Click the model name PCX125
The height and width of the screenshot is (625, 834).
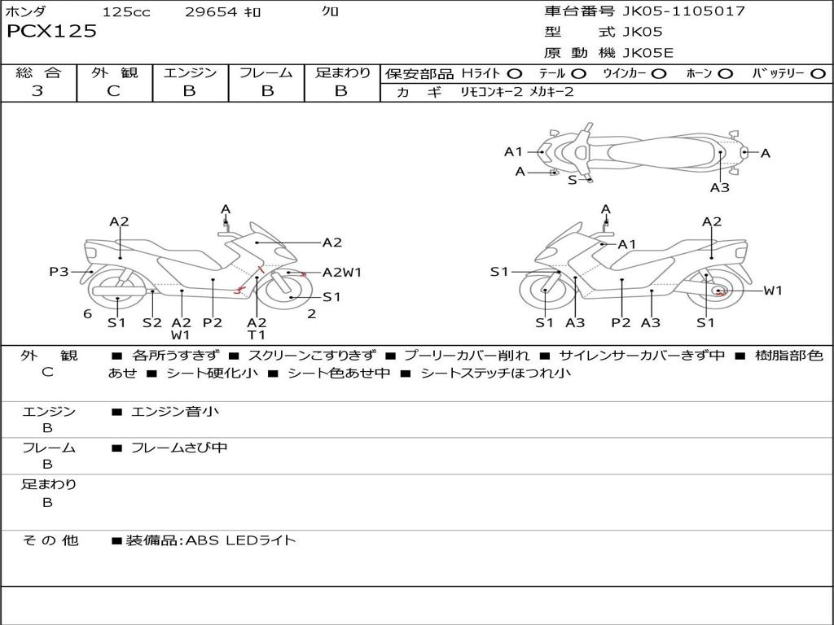[x=51, y=32]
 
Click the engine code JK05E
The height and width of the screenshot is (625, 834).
[x=647, y=53]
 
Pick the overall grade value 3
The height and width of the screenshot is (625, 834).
[x=37, y=91]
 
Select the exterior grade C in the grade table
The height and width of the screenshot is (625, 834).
[x=113, y=91]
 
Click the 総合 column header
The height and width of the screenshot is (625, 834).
[x=38, y=73]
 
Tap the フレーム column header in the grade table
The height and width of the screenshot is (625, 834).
[x=266, y=73]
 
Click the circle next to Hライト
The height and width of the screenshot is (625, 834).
[x=515, y=74]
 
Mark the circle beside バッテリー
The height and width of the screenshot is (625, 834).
[x=818, y=74]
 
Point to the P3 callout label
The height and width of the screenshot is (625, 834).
[x=59, y=272]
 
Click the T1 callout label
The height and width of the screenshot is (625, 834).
[x=257, y=334]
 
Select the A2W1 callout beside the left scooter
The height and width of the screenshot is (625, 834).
[x=342, y=273]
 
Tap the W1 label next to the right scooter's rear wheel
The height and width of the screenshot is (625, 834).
[x=772, y=291]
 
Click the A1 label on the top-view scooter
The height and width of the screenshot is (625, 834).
[x=513, y=151]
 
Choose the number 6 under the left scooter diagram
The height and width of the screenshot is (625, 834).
[x=87, y=314]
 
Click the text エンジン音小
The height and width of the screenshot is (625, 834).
[x=175, y=412]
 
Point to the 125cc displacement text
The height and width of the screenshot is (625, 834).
[x=126, y=12]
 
